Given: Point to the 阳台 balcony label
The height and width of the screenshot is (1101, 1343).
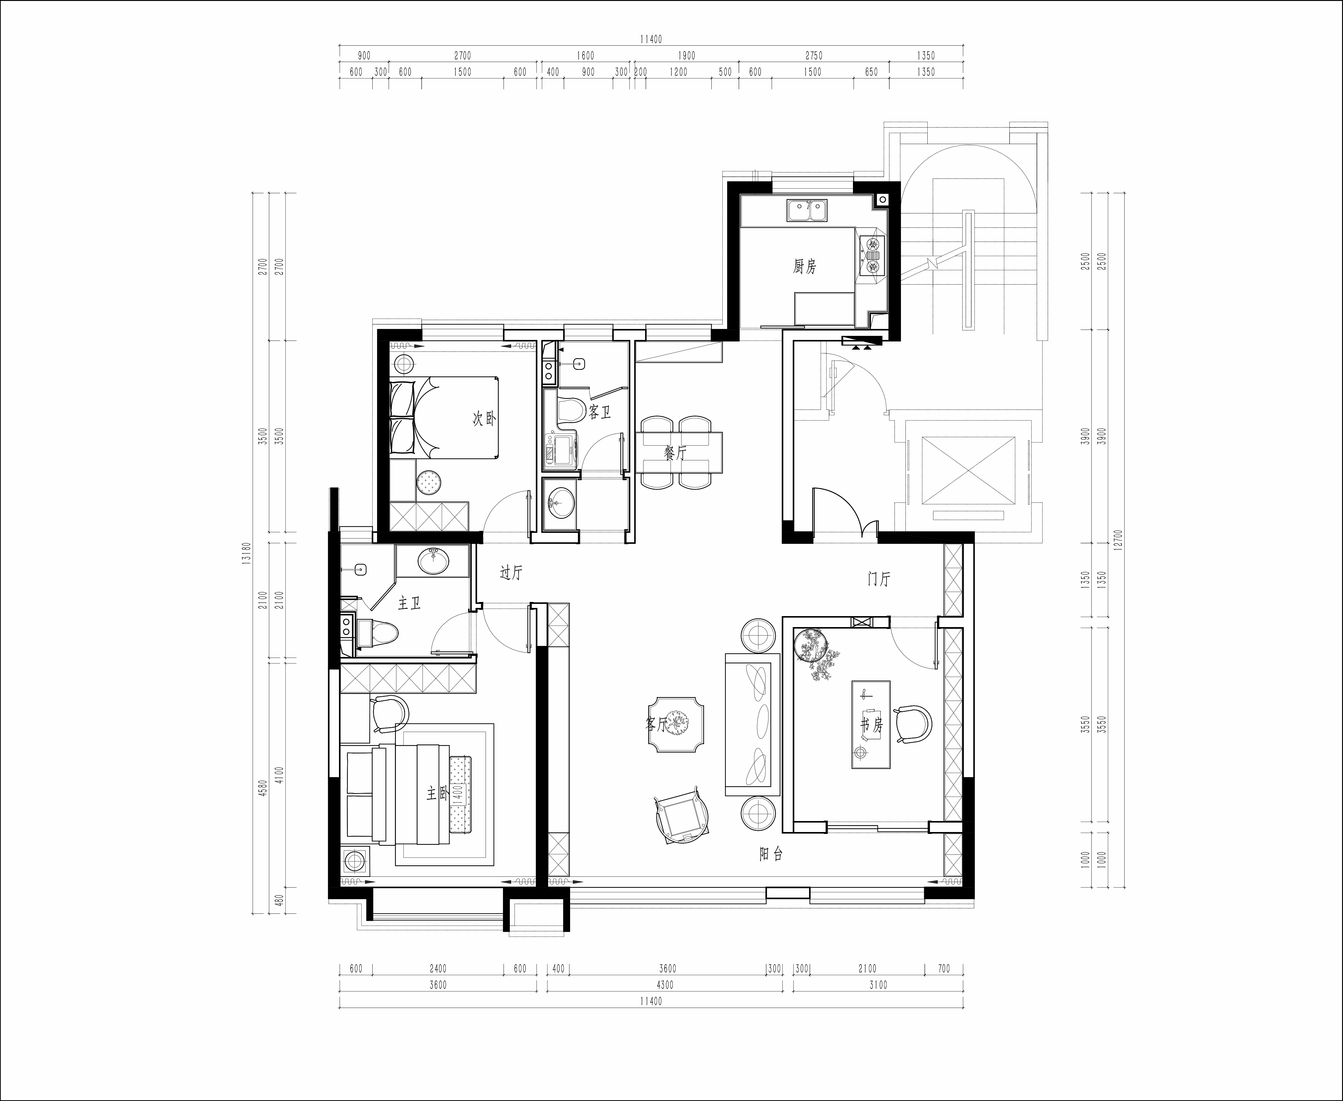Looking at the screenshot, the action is [x=771, y=854].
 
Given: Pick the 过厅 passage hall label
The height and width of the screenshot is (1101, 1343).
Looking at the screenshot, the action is [x=511, y=573].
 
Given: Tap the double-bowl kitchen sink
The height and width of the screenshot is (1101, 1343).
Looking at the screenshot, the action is [x=807, y=211].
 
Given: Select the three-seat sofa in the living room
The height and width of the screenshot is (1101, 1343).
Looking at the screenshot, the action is [x=752, y=724].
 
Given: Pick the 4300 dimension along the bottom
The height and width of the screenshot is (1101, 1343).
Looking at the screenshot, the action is [x=664, y=985].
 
